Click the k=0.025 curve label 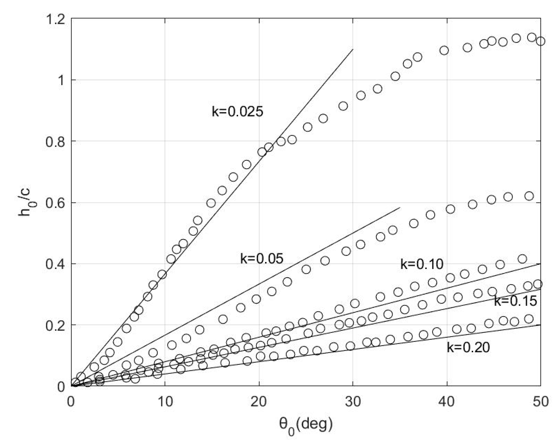[x=237, y=112]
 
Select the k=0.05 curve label [x=262, y=259]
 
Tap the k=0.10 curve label [x=422, y=264]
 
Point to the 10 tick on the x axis [x=165, y=402]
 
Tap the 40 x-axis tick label [x=447, y=402]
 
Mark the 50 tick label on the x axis [x=540, y=402]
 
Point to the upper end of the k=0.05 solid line [x=400, y=208]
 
